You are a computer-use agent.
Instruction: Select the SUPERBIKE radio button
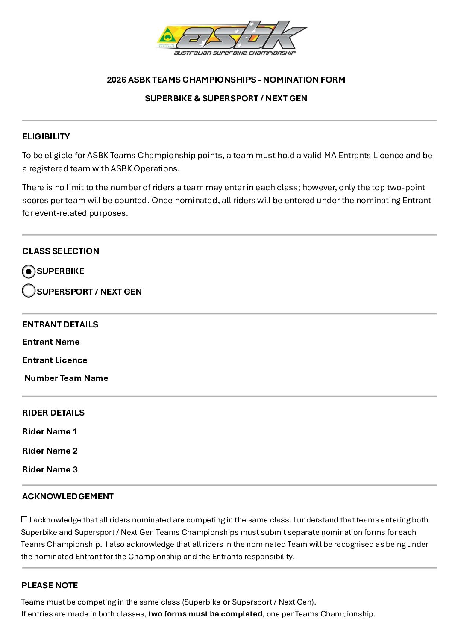coord(29,271)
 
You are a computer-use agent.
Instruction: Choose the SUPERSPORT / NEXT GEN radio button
coord(29,291)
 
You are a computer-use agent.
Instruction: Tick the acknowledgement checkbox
coord(24,519)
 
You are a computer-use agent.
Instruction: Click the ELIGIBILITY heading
coord(46,136)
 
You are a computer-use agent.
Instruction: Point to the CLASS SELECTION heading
coord(61,251)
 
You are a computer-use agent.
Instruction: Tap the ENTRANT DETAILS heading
coord(60,324)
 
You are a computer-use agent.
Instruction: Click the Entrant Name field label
coord(51,342)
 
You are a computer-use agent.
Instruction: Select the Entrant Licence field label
coord(55,360)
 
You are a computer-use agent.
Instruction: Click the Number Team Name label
coord(66,378)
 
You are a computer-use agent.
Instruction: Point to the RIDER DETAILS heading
coord(53,413)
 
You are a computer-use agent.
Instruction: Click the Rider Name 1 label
coord(50,431)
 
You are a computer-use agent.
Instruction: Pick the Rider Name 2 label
coord(50,451)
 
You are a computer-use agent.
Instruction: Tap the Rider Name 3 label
coord(50,469)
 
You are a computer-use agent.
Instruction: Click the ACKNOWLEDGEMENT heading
coord(68,496)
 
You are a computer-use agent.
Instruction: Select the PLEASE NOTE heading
coord(50,585)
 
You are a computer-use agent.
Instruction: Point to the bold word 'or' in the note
coord(226,602)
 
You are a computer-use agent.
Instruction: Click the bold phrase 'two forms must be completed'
coord(205,614)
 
